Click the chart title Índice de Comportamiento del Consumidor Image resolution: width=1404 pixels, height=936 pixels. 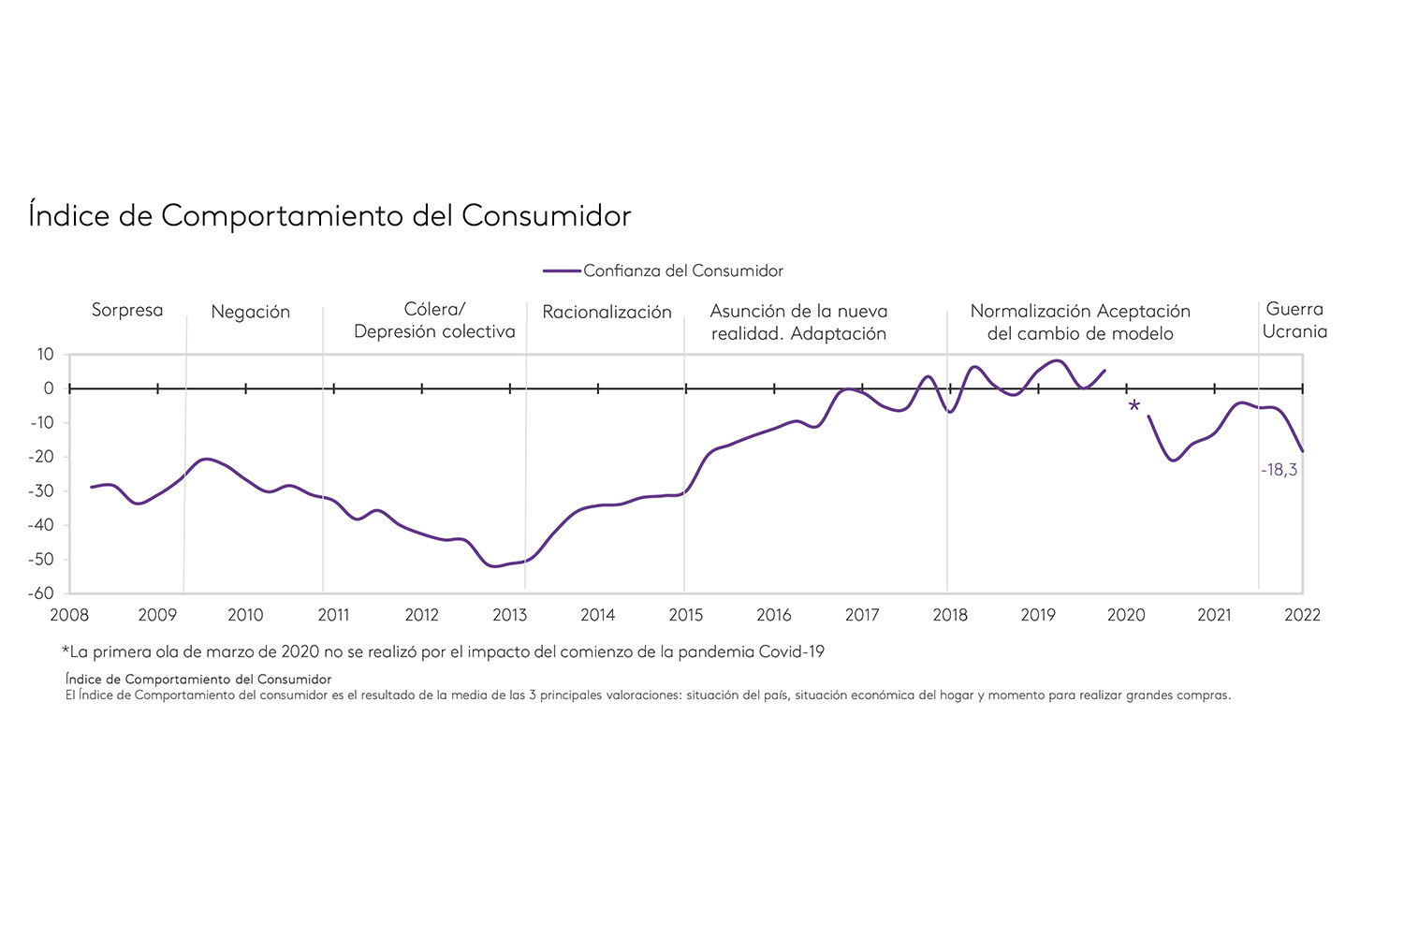click(x=329, y=215)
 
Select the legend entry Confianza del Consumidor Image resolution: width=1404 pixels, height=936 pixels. click(x=682, y=271)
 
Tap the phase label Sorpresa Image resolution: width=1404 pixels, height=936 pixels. click(x=127, y=310)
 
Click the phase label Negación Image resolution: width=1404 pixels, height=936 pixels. click(x=250, y=312)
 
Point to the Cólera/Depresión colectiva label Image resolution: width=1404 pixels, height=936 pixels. click(x=434, y=320)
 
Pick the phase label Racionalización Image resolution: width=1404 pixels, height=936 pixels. click(x=607, y=312)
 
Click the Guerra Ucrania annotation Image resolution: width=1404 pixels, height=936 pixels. click(x=1294, y=320)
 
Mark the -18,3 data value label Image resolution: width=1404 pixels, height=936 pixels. click(x=1279, y=470)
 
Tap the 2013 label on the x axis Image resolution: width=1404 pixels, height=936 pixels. click(x=509, y=615)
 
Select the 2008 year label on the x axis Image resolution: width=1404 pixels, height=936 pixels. click(x=69, y=615)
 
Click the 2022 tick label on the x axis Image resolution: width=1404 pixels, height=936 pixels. click(x=1302, y=615)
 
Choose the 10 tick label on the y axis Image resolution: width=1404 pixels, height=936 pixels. click(x=46, y=354)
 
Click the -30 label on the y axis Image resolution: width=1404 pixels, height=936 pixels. click(x=42, y=490)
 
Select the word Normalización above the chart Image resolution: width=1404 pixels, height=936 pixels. click(x=1031, y=311)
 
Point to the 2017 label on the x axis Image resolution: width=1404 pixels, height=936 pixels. click(x=861, y=615)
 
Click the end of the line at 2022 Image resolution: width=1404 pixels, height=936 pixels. click(x=1302, y=451)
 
